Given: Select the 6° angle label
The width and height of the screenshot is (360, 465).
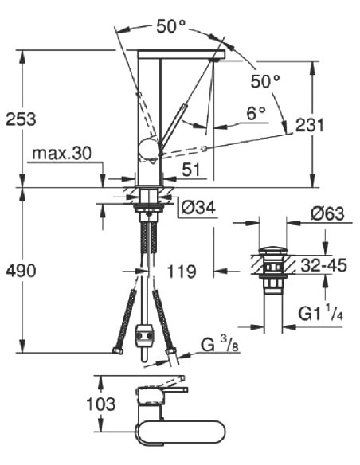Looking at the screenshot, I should [x=256, y=114].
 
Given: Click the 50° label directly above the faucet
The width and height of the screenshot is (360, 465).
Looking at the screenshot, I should [x=170, y=26].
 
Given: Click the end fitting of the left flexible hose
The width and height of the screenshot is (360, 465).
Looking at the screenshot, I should [x=118, y=351].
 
